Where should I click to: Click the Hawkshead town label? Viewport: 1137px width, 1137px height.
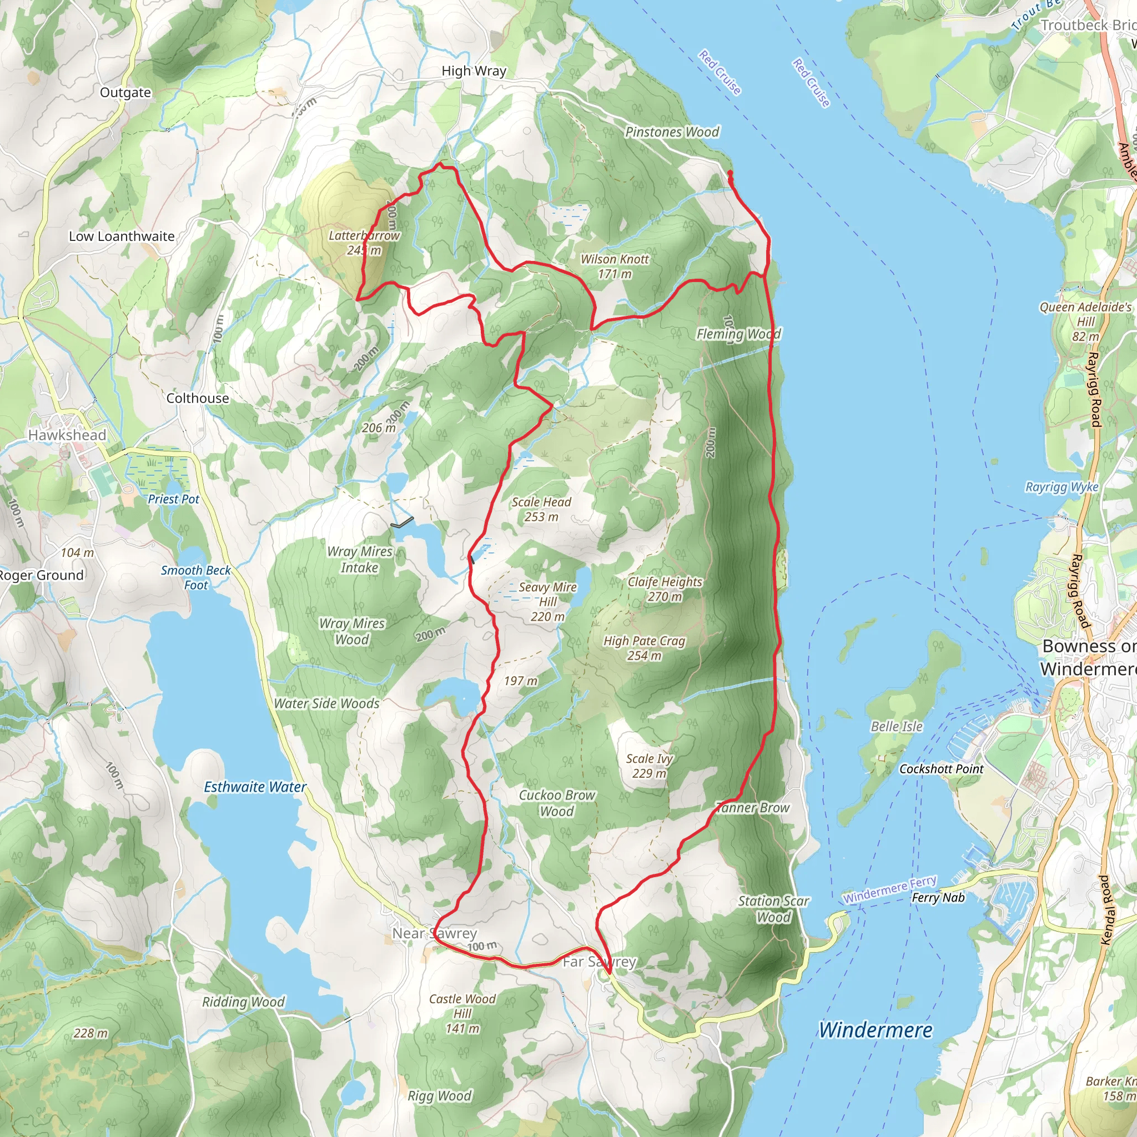67,435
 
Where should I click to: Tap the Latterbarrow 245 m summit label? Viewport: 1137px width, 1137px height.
364,243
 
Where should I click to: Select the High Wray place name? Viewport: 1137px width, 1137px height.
474,71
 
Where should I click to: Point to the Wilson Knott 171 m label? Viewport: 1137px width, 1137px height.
615,266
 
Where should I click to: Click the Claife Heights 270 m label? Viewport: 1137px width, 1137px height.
665,588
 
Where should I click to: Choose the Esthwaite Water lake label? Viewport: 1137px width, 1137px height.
255,787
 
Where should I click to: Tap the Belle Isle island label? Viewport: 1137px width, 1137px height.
896,726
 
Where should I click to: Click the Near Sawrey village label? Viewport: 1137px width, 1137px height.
434,933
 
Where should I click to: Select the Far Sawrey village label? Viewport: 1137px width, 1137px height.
599,962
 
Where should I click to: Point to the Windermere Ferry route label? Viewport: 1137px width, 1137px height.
889,889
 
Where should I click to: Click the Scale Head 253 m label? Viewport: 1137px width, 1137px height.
541,509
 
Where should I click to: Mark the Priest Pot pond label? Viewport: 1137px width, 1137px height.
174,499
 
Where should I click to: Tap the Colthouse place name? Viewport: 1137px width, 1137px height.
198,398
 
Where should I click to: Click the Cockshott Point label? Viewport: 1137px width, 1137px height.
941,768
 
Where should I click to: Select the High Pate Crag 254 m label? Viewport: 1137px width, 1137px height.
644,648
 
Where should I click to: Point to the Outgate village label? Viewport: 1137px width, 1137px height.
125,92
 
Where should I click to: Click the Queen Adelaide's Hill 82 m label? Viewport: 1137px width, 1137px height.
1085,321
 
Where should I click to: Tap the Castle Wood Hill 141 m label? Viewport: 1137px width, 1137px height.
462,1013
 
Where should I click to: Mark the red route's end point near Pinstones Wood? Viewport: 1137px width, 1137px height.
730,173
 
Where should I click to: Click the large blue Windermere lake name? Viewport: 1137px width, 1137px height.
875,1030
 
